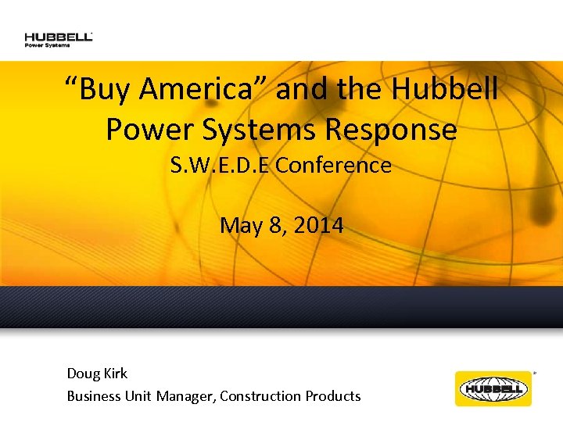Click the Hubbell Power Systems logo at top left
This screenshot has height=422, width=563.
tap(59, 39)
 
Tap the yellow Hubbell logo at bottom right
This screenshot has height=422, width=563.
tap(493, 388)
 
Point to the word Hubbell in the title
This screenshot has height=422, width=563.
tap(444, 91)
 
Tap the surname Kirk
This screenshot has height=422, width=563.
tap(116, 374)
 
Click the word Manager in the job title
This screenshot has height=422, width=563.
tap(185, 396)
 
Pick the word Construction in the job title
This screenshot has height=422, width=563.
tap(259, 396)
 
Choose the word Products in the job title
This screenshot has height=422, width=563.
tap(332, 396)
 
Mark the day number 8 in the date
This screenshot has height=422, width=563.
tap(276, 226)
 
